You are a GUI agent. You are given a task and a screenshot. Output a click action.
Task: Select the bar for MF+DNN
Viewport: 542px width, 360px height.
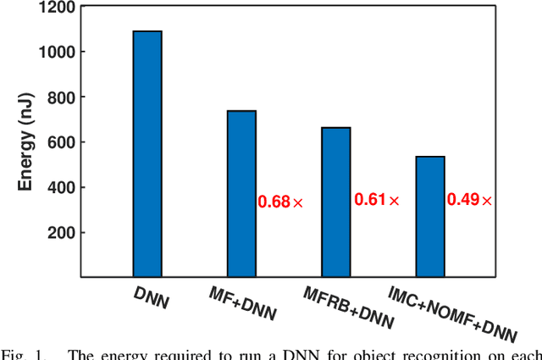click(x=241, y=194)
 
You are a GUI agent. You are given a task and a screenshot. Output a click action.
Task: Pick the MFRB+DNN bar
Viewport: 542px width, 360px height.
click(x=336, y=202)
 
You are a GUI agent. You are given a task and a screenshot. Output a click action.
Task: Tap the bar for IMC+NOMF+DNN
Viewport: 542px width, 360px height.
click(x=430, y=217)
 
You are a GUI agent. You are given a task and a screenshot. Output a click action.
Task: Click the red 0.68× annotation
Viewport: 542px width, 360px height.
click(x=280, y=202)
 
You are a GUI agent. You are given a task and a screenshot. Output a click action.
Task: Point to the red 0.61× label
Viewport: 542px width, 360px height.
click(x=376, y=201)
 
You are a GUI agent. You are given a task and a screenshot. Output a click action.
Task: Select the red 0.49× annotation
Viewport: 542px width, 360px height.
click(x=469, y=201)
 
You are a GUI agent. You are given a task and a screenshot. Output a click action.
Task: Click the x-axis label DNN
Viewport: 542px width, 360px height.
click(x=151, y=296)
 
